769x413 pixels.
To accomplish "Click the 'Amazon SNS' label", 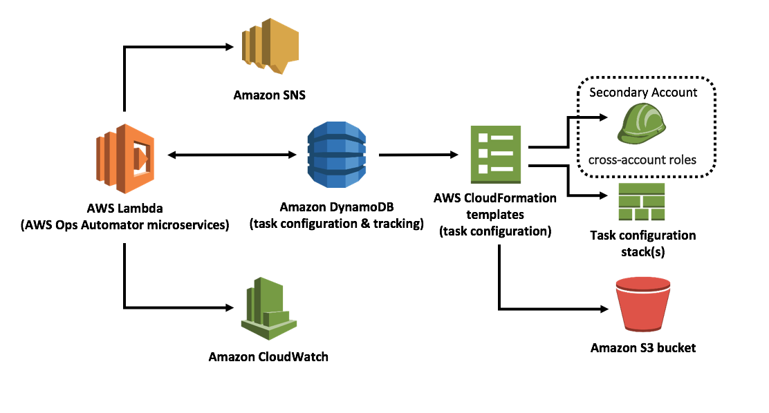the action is click(x=269, y=94).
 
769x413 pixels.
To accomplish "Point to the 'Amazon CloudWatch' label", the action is click(x=268, y=357).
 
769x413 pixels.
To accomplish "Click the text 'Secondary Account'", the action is click(x=643, y=92).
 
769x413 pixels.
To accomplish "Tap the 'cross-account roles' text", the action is click(x=642, y=160).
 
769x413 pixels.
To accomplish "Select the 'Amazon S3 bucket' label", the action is click(x=643, y=347).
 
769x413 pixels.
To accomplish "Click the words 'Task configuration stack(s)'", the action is click(x=643, y=243).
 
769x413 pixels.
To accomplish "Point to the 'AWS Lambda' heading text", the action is click(x=125, y=208).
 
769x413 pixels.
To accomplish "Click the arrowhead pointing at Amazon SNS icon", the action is click(x=231, y=47).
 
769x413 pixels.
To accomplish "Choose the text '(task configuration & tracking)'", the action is click(x=337, y=223).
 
